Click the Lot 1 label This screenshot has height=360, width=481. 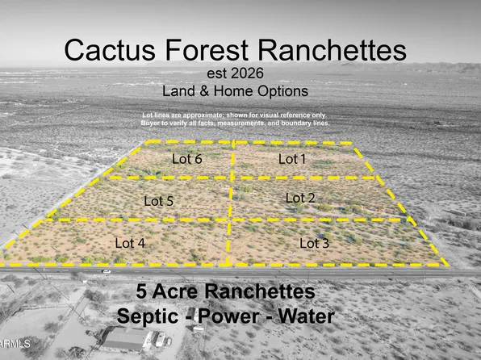292,160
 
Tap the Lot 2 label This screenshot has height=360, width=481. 300,198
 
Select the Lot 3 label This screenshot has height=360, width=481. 315,243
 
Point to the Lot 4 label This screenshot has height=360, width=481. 130,242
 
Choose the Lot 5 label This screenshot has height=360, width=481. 158,200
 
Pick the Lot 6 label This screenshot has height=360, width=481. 186,159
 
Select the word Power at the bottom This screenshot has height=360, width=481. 242,316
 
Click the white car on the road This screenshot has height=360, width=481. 107,272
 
